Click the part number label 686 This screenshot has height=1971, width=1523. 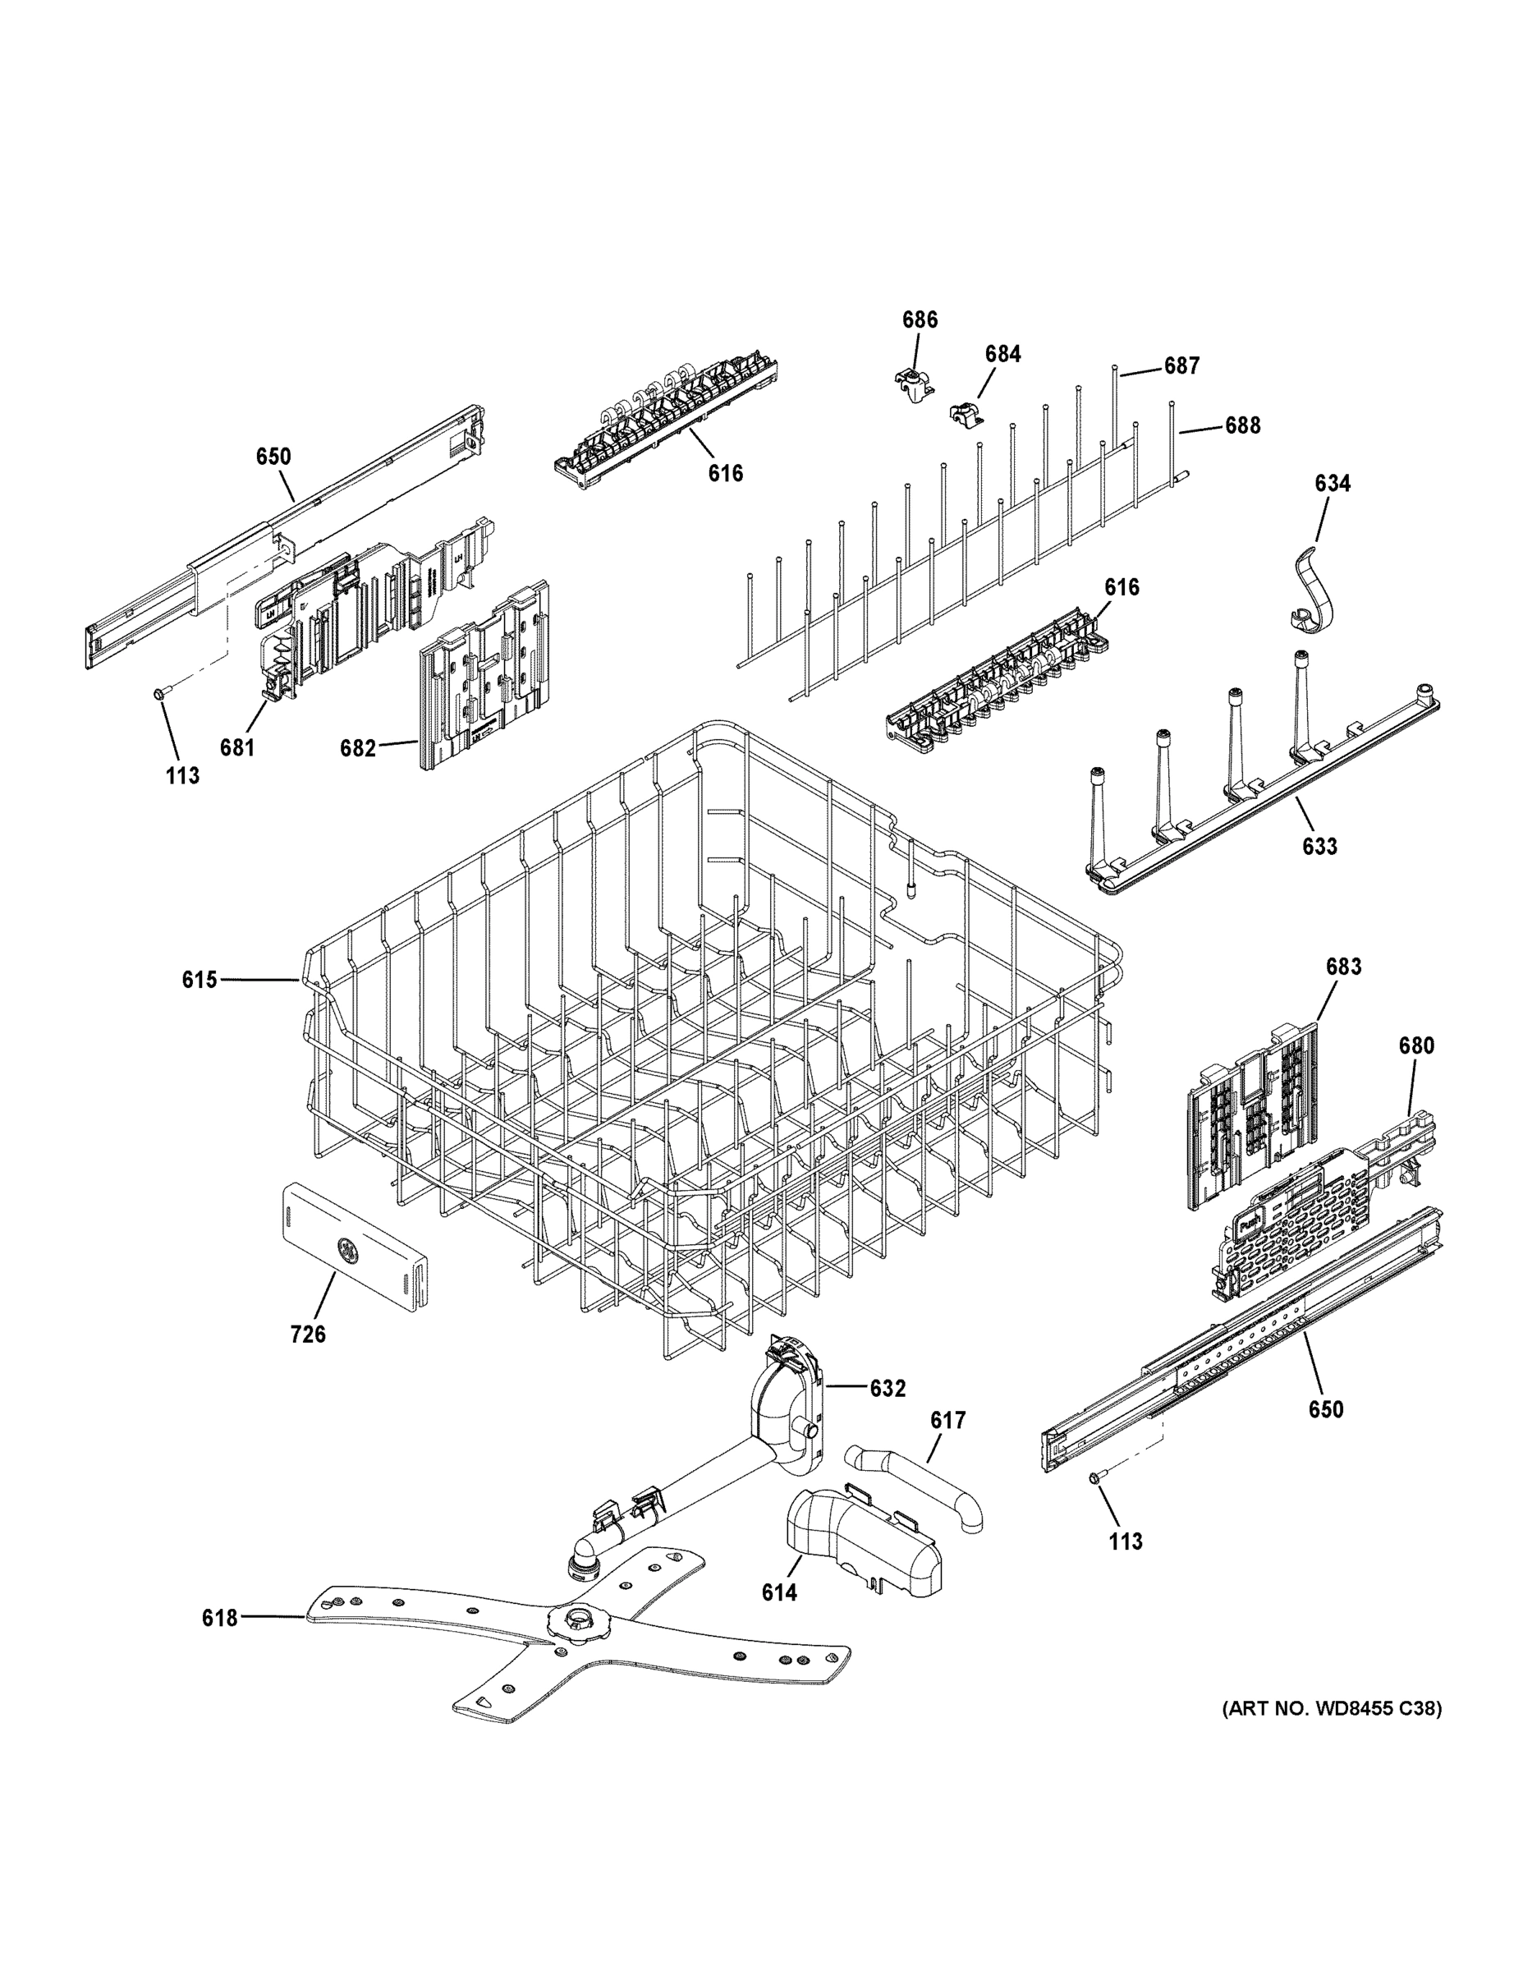[920, 319]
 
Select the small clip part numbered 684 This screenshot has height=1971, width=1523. [966, 415]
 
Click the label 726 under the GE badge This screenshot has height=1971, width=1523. [308, 1334]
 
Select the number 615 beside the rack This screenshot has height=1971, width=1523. [200, 979]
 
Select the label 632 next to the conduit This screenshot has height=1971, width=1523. [887, 1389]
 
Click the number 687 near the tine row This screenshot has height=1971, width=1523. [1181, 365]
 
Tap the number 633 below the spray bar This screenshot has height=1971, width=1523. [1319, 847]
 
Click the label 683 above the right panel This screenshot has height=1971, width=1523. [1342, 967]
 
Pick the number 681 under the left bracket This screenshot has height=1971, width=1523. [236, 747]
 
